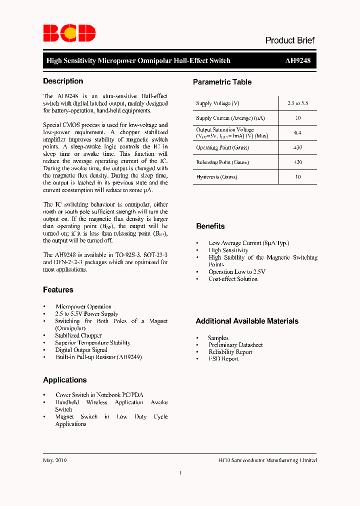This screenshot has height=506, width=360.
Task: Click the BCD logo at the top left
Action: pos(69,33)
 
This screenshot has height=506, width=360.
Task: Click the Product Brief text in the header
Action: pos(289,40)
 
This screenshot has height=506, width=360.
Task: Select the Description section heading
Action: pos(63,81)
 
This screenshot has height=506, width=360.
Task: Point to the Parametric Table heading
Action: pos(222,82)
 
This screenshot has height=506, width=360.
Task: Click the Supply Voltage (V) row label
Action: pos(217,103)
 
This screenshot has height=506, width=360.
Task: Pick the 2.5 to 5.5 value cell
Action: pos(298,103)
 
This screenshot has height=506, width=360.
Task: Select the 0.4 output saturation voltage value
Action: pos(298,133)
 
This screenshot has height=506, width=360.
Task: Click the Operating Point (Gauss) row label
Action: pos(222,147)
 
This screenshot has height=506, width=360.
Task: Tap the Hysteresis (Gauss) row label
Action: pos(216,177)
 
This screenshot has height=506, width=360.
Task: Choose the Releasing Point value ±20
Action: pos(298,162)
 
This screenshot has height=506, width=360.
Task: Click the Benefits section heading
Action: pos(210,226)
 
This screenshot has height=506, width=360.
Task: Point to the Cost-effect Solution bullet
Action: pos(233,279)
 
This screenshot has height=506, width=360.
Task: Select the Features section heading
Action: pos(58,290)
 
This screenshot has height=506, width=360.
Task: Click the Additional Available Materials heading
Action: pos(247,321)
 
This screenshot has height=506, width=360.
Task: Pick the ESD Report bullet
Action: pos(223,359)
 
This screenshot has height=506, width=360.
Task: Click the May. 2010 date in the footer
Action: pos(55,460)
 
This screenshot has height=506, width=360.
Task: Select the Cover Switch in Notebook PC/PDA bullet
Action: pos(99,395)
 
